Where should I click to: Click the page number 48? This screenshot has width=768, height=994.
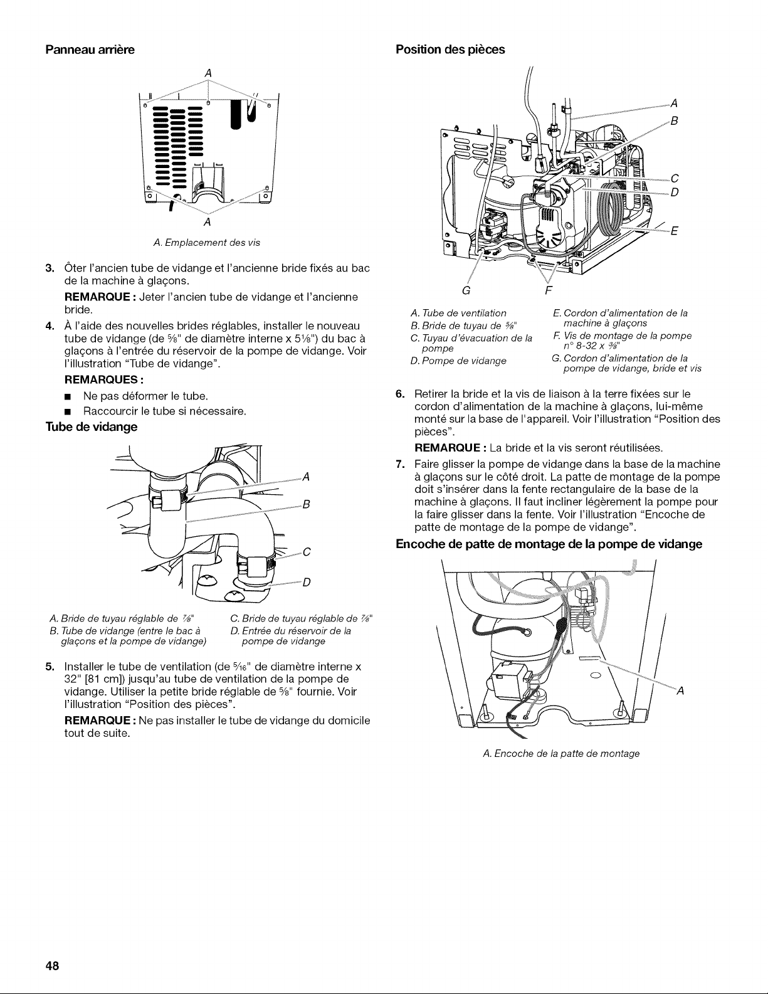pyautogui.click(x=52, y=966)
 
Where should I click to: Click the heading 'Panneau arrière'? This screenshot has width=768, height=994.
pyautogui.click(x=90, y=50)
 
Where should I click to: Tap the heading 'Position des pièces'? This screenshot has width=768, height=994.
pyautogui.click(x=450, y=50)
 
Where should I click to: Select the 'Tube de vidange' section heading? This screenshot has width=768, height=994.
pyautogui.click(x=91, y=427)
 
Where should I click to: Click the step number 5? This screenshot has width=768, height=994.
pyautogui.click(x=50, y=666)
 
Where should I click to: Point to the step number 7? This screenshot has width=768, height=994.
pyautogui.click(x=400, y=464)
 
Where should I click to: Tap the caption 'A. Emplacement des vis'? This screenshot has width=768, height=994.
pyautogui.click(x=207, y=243)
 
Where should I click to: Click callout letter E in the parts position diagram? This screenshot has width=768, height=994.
pyautogui.click(x=673, y=231)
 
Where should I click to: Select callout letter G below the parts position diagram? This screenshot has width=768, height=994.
pyautogui.click(x=466, y=291)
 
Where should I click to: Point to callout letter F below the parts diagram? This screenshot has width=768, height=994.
pyautogui.click(x=548, y=291)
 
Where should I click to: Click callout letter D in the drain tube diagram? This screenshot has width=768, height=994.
pyautogui.click(x=307, y=583)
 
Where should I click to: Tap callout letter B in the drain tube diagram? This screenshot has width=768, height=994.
pyautogui.click(x=307, y=505)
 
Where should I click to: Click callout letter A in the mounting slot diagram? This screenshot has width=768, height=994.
pyautogui.click(x=680, y=691)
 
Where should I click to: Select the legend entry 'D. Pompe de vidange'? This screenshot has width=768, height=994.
pyautogui.click(x=458, y=361)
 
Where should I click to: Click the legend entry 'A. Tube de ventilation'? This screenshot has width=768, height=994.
pyautogui.click(x=458, y=314)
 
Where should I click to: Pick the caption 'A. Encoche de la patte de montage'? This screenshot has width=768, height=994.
pyautogui.click(x=561, y=753)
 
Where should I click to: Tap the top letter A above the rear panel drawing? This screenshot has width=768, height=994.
pyautogui.click(x=208, y=73)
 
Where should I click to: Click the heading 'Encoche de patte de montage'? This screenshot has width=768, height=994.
pyautogui.click(x=549, y=544)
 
